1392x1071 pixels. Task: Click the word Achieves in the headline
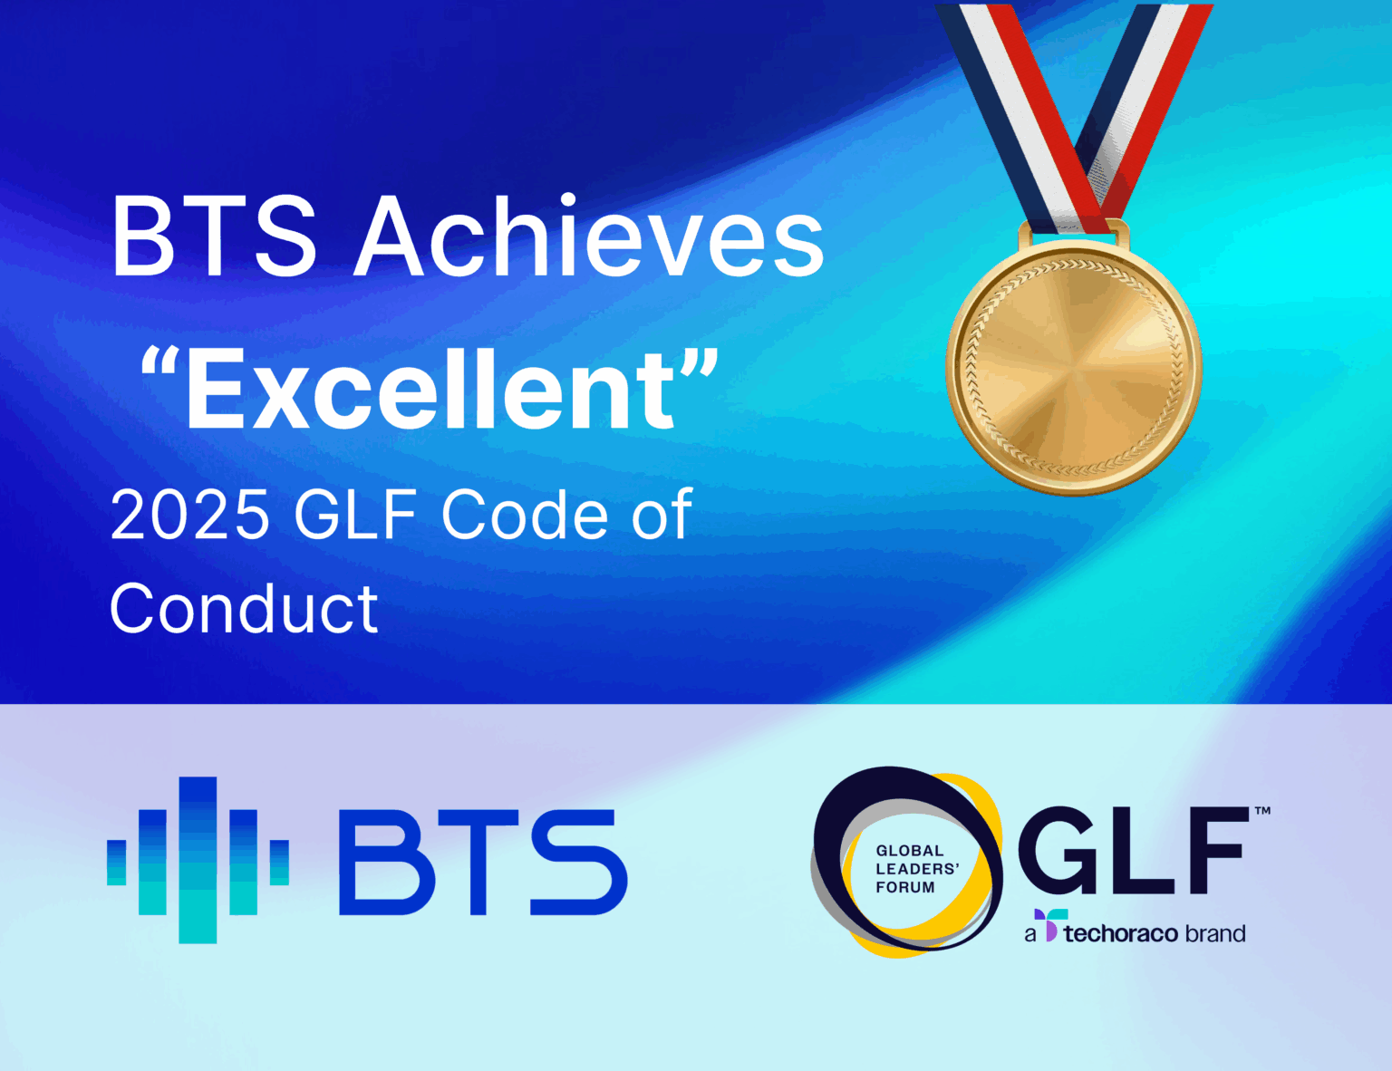589,237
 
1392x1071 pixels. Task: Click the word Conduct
244,609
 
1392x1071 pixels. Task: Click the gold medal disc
1074,367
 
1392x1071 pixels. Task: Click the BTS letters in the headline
214,237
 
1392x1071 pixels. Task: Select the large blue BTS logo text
482,862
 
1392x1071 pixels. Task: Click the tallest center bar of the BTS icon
198,860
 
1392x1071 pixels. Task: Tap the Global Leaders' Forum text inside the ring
916,869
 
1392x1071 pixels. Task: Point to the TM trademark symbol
1261,811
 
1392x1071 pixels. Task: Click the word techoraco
1120,933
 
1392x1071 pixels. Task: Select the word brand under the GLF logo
1215,933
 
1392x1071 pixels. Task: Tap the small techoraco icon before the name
1049,926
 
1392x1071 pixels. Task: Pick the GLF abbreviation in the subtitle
355,515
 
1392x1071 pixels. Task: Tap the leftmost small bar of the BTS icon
117,862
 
